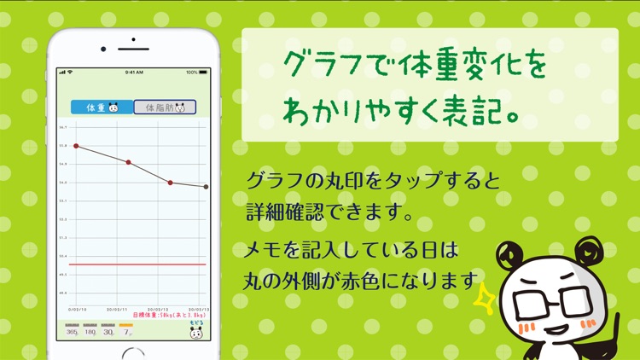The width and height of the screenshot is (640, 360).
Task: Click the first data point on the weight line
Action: coord(76,146)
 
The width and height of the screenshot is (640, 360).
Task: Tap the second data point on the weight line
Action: coord(128,162)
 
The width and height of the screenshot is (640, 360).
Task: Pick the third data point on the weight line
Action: coord(170,183)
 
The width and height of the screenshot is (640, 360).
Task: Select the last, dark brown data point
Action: coord(206,187)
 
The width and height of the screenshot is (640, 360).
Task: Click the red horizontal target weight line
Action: coord(137,264)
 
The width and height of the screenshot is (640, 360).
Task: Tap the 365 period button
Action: coord(73,330)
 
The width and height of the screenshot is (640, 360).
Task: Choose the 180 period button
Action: coord(90,330)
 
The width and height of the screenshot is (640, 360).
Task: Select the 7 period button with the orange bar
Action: coord(126,330)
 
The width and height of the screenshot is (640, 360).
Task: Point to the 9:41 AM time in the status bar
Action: coord(134,73)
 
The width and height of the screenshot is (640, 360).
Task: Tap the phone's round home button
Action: coord(134,357)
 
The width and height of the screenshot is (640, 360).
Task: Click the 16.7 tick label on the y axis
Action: coord(63,127)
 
